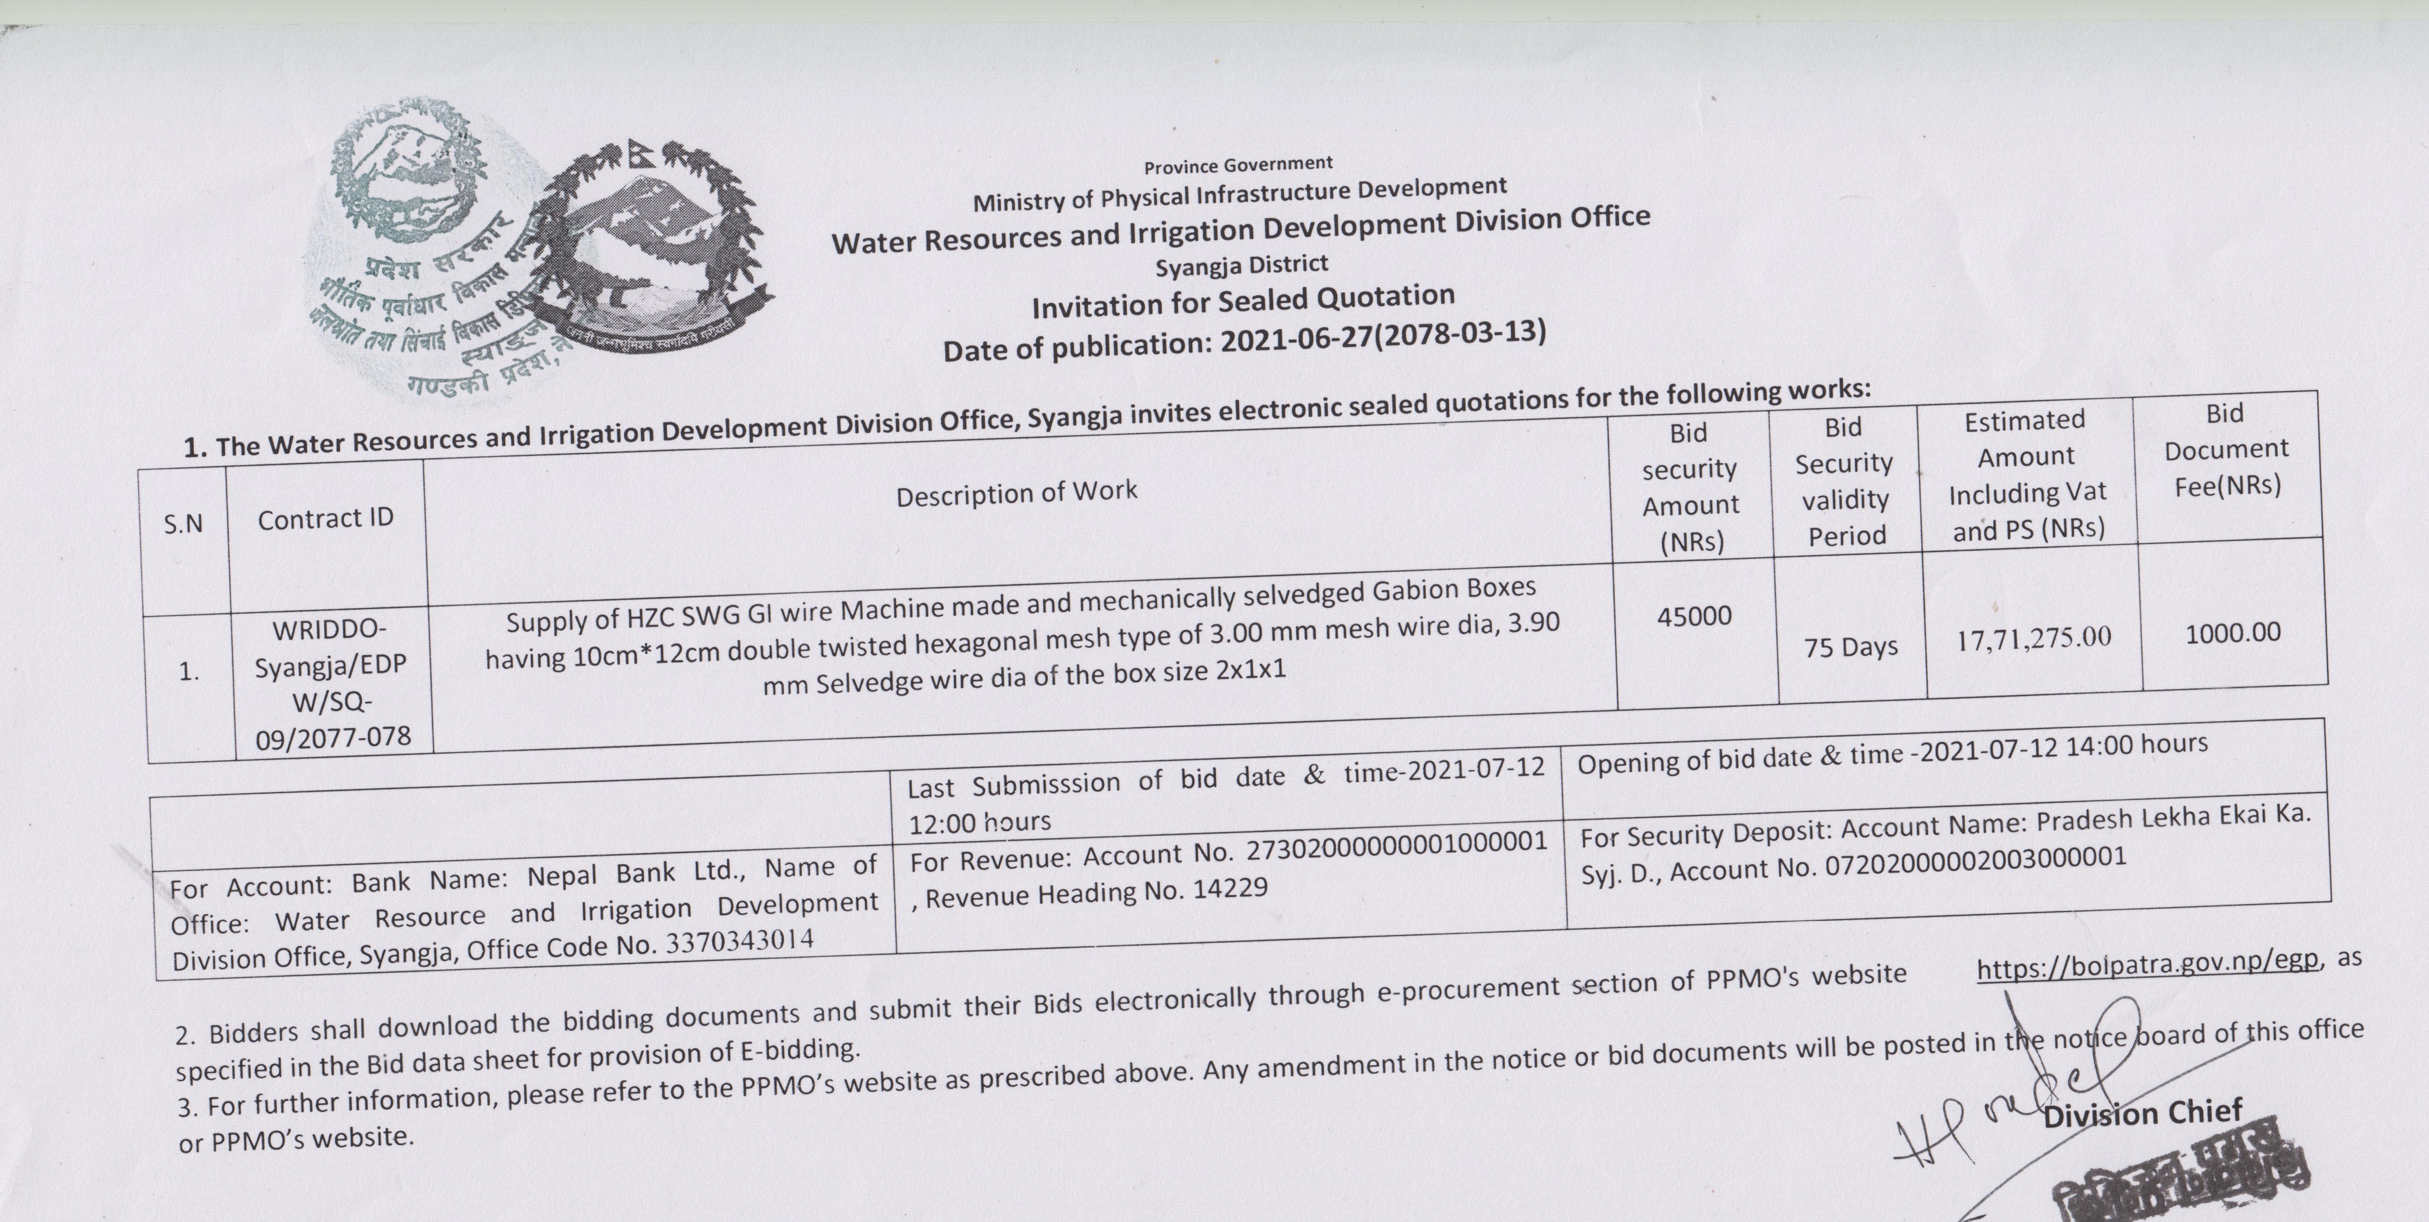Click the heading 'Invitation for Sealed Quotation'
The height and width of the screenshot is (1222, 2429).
[1243, 302]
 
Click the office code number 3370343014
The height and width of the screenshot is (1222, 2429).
[739, 942]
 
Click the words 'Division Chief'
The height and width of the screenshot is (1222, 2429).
[2142, 1114]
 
